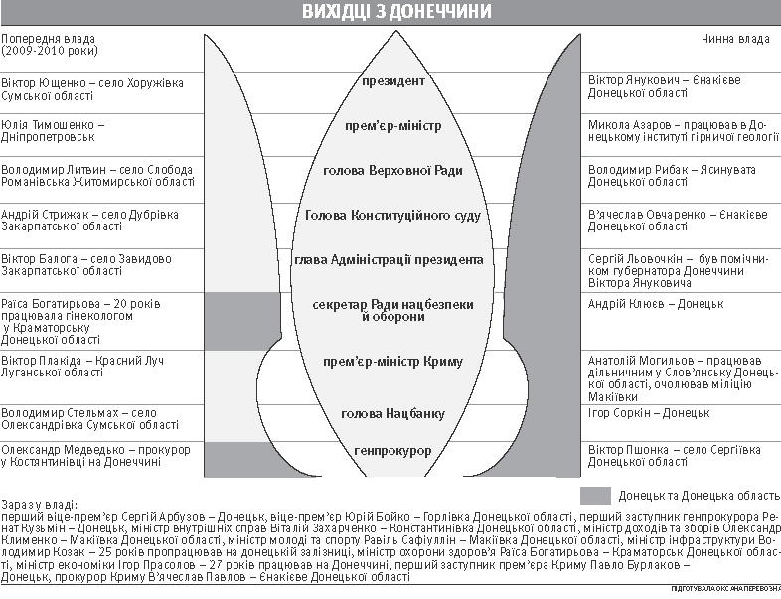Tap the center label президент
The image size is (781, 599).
393,81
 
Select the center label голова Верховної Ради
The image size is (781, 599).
393,171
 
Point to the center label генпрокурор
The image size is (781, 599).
393,451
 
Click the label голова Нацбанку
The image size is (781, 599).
393,413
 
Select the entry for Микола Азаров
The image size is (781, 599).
679,132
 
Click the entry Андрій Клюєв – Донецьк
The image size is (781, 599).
655,303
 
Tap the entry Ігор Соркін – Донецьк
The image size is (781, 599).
648,412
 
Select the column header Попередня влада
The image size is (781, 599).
50,44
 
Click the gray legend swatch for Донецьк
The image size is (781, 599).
594,494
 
